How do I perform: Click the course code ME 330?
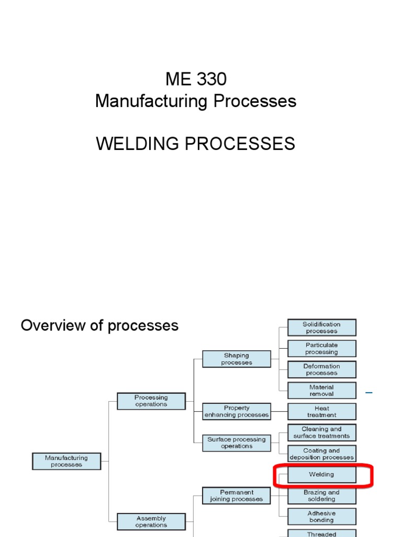[x=196, y=79]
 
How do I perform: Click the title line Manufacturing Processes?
[x=196, y=101]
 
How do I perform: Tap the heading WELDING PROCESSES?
[x=196, y=143]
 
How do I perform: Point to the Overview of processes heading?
[x=99, y=326]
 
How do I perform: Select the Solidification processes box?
[x=321, y=328]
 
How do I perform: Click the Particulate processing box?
[x=321, y=349]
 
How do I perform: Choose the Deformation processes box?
[x=321, y=370]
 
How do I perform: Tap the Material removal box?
[x=321, y=391]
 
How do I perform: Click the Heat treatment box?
[x=321, y=412]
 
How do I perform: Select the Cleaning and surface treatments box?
[x=321, y=433]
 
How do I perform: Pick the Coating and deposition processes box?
[x=321, y=454]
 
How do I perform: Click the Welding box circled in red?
[x=321, y=475]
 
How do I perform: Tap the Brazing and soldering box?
[x=321, y=496]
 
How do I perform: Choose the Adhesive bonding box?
[x=321, y=517]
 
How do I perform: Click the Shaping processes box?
[x=237, y=359]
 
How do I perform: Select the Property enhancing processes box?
[x=237, y=412]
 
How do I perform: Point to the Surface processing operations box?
[x=237, y=443]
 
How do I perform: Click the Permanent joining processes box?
[x=237, y=496]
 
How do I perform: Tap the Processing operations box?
[x=151, y=401]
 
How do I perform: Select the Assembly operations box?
[x=151, y=522]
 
